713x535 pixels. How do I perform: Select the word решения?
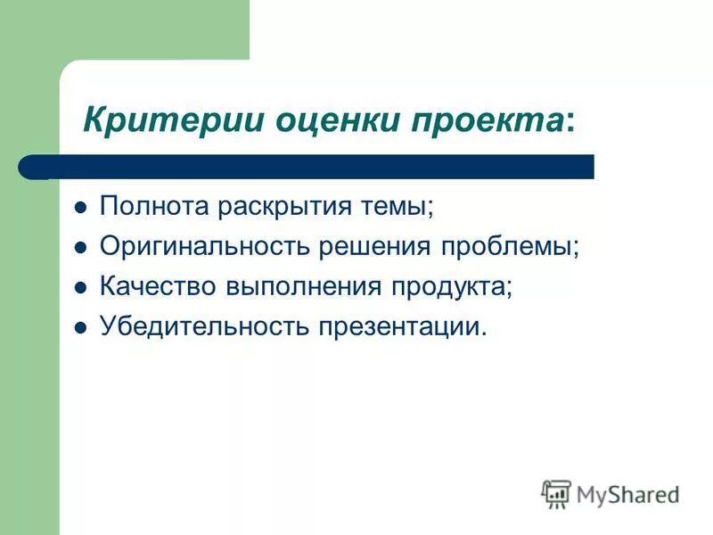(x=366, y=247)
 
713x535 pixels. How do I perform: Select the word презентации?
(x=398, y=326)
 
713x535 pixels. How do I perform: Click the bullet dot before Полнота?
(x=80, y=208)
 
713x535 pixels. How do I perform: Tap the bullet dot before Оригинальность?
(x=80, y=248)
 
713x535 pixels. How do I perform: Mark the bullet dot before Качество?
(x=80, y=288)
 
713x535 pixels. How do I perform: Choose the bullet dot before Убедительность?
(x=80, y=327)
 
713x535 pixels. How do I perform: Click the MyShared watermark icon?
(x=557, y=493)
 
